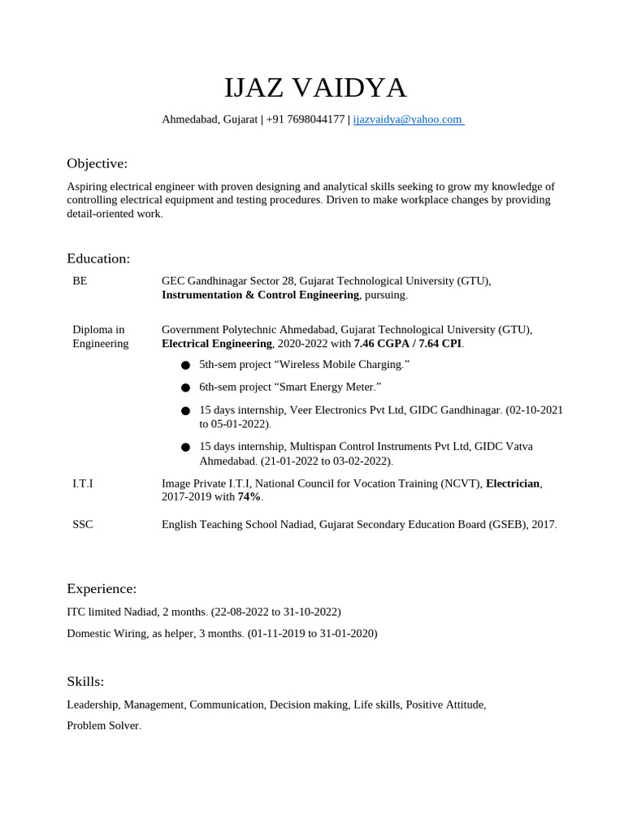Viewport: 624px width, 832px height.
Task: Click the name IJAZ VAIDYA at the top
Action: coord(315,88)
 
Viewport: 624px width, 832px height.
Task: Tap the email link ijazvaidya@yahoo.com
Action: coord(407,119)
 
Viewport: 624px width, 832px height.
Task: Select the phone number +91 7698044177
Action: coord(305,119)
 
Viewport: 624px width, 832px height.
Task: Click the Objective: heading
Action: coord(97,163)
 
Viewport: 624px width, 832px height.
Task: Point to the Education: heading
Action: coord(98,258)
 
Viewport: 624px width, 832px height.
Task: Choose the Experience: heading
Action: coord(102,588)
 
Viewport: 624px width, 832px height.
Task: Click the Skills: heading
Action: coord(85,681)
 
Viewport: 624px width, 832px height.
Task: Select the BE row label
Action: coord(80,281)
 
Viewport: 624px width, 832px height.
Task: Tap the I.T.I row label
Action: coord(83,483)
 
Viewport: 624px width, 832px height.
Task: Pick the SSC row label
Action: coord(83,524)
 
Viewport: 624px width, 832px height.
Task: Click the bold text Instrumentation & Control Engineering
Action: coord(260,295)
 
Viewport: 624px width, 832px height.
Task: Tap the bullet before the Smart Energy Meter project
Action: coord(186,388)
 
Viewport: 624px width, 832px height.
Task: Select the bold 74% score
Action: coord(249,496)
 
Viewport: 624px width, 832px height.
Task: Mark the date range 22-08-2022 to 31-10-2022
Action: coord(276,611)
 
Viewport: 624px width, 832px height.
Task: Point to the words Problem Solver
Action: coord(103,725)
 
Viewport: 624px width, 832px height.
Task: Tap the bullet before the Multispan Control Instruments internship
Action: coord(186,447)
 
